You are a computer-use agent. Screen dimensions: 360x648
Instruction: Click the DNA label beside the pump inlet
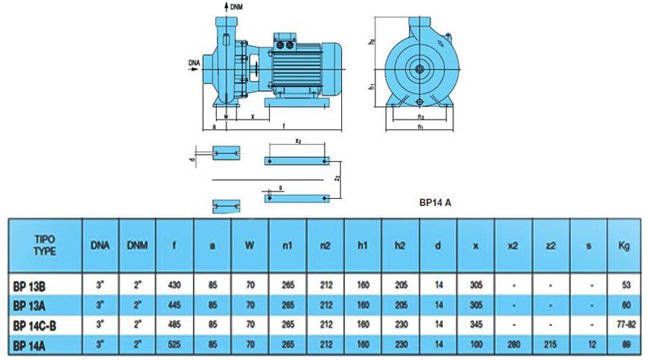(194, 63)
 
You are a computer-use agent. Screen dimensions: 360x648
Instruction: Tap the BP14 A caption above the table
(435, 203)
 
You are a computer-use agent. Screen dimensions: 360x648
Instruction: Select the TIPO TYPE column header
(45, 246)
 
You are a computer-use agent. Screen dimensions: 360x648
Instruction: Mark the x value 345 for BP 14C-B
(476, 326)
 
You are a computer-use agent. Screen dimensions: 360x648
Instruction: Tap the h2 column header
(400, 246)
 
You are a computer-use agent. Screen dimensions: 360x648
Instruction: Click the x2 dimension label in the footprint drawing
(297, 143)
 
